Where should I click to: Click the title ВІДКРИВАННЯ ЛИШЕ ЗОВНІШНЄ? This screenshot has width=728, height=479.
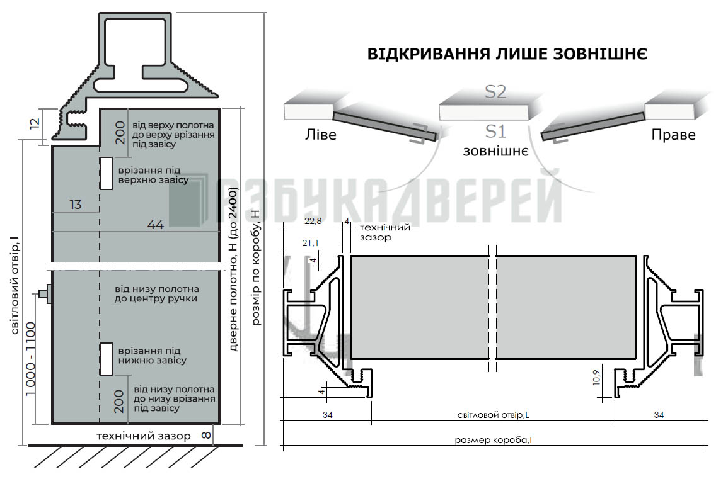[507, 54]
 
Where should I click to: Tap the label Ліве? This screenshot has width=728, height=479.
[320, 135]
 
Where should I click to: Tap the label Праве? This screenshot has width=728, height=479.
[673, 135]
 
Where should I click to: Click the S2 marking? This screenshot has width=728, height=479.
[495, 92]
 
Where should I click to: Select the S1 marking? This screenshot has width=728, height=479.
[495, 131]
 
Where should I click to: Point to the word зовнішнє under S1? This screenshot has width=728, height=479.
[495, 151]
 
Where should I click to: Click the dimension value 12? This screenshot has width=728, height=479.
[35, 124]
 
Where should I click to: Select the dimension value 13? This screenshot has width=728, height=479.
[75, 205]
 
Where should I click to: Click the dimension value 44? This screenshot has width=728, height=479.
[156, 225]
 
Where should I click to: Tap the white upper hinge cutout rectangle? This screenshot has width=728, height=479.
[107, 174]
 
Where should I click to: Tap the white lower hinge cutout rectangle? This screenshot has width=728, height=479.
[107, 359]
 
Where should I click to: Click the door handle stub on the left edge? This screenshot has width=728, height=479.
[45, 293]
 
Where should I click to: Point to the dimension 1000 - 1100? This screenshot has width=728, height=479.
[30, 359]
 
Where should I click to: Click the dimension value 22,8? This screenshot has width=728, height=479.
[313, 221]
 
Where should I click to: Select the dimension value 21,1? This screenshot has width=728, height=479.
[310, 243]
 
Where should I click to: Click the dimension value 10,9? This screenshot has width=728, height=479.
[597, 377]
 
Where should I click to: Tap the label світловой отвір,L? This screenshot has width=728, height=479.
[493, 415]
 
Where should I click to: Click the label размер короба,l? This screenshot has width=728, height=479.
[493, 440]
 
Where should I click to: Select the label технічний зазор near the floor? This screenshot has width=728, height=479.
[144, 436]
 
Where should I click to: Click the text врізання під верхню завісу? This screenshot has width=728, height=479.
[153, 175]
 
